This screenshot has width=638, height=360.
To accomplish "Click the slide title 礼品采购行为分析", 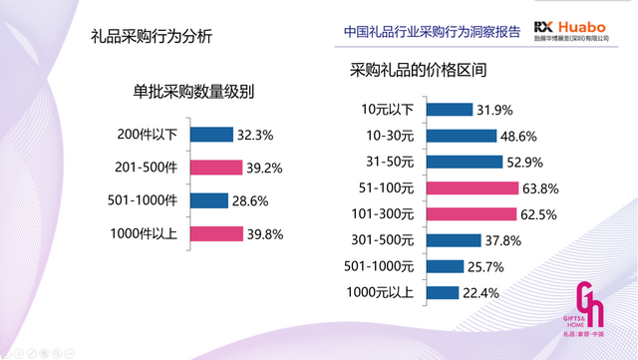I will (151, 38).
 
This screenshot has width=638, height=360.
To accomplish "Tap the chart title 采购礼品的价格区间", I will (420, 72).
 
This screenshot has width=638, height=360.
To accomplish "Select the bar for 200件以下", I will (210, 133).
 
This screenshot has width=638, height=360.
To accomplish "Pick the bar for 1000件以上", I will (216, 234).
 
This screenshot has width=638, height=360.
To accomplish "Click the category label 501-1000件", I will (143, 200).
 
